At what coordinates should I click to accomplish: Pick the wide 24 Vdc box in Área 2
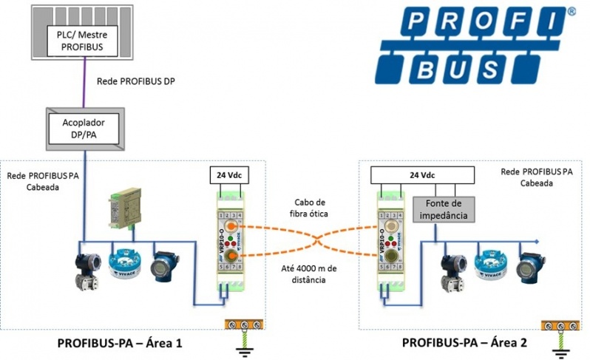[x=421, y=175]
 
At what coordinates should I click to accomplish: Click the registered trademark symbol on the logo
[x=572, y=12]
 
